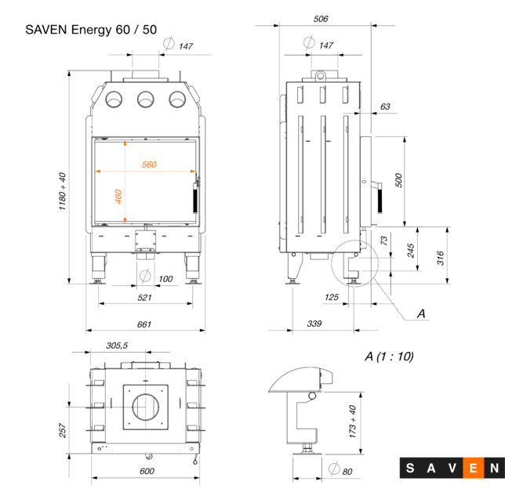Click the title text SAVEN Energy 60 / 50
[91, 31]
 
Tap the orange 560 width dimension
[149, 165]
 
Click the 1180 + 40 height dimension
[62, 191]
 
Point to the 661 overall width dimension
[144, 324]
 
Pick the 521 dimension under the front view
[144, 298]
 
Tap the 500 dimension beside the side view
[398, 180]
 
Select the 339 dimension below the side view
[314, 324]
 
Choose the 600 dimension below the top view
[146, 471]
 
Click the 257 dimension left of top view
[63, 429]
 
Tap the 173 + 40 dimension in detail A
[352, 420]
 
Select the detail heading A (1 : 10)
[389, 356]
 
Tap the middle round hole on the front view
[145, 99]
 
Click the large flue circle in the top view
[144, 407]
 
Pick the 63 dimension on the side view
[384, 107]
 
